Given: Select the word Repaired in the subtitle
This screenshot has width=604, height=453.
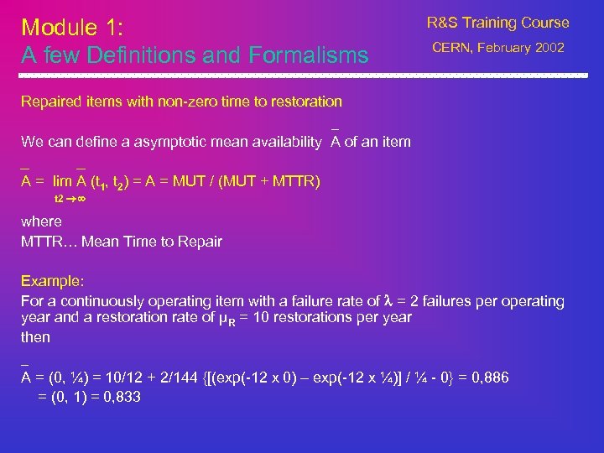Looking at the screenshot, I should [50, 102].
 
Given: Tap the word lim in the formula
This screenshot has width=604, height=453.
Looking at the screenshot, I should [62, 180].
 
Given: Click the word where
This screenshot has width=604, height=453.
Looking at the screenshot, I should [41, 221].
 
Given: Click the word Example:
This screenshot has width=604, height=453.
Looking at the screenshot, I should [53, 281].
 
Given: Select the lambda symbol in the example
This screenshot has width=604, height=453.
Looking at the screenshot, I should [388, 300].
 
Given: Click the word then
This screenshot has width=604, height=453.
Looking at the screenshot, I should [35, 337].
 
